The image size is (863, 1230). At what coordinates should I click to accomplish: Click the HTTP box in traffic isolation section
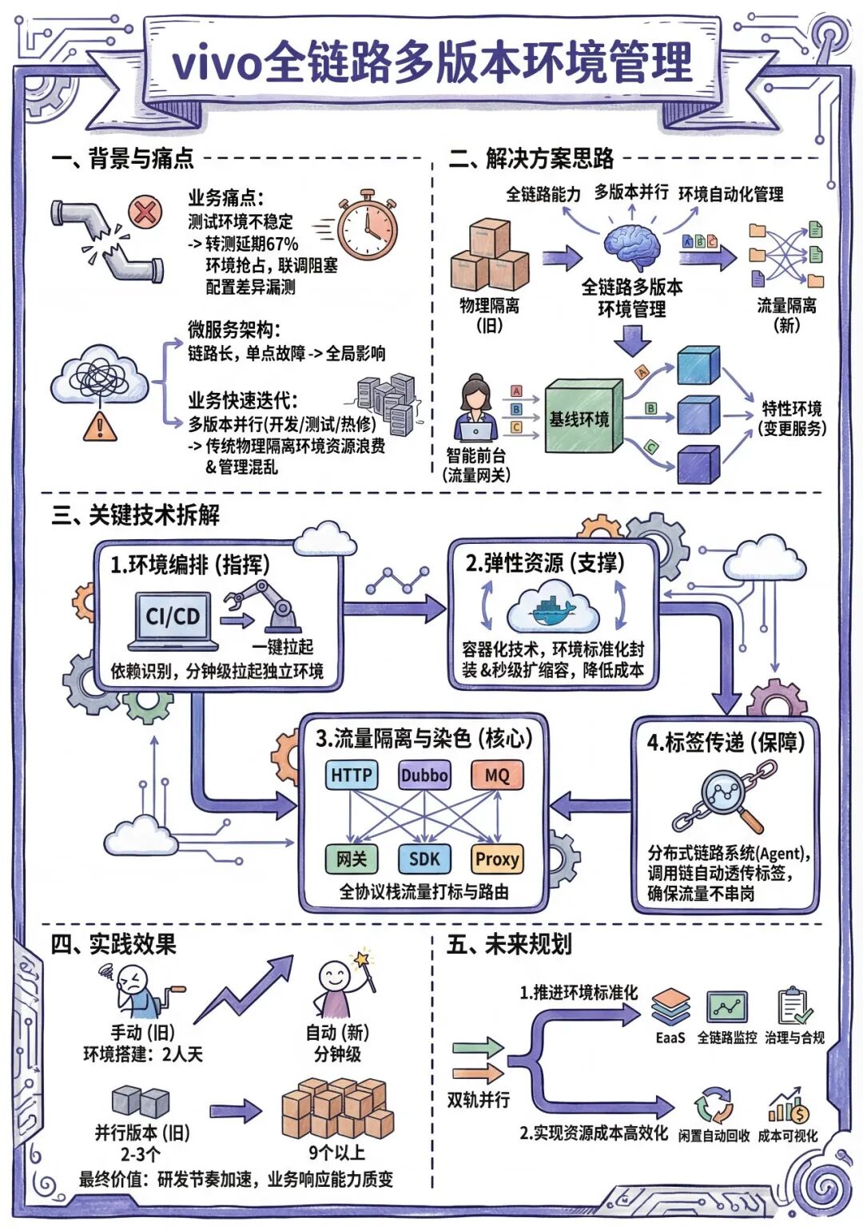click(x=352, y=775)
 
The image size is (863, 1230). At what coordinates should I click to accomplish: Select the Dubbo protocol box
click(x=424, y=775)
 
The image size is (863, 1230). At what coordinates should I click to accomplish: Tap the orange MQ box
click(x=497, y=775)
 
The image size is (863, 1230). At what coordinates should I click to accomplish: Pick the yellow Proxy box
click(x=497, y=859)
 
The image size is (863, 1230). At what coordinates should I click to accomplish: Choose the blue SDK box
click(x=424, y=859)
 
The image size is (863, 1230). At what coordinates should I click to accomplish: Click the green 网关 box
click(x=351, y=859)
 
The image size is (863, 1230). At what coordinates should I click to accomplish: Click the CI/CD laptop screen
click(x=173, y=617)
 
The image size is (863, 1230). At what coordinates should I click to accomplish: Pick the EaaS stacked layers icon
click(x=670, y=1008)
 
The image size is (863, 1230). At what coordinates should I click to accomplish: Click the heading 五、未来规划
click(x=510, y=945)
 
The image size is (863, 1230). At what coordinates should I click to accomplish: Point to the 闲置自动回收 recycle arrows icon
click(x=714, y=1106)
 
